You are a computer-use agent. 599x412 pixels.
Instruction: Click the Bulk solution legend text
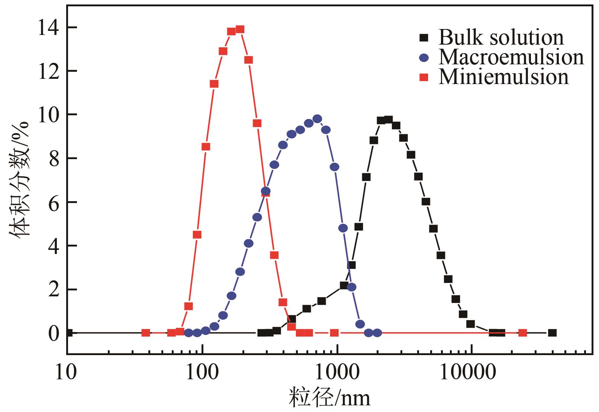[501, 38]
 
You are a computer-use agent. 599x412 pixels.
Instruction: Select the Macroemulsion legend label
[511, 58]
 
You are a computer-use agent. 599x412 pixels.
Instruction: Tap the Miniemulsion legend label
[503, 77]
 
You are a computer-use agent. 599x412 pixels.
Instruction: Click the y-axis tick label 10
[48, 115]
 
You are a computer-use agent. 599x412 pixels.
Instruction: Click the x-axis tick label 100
[202, 372]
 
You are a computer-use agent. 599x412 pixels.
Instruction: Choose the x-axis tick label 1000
[337, 372]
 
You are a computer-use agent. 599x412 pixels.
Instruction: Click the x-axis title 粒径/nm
[329, 398]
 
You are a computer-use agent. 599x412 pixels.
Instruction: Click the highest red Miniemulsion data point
[240, 29]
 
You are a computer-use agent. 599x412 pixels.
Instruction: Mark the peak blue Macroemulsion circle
[317, 119]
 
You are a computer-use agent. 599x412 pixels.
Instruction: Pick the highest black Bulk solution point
[389, 119]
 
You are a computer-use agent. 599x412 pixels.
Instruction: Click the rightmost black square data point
[553, 333]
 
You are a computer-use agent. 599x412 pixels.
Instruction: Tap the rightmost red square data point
[523, 333]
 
